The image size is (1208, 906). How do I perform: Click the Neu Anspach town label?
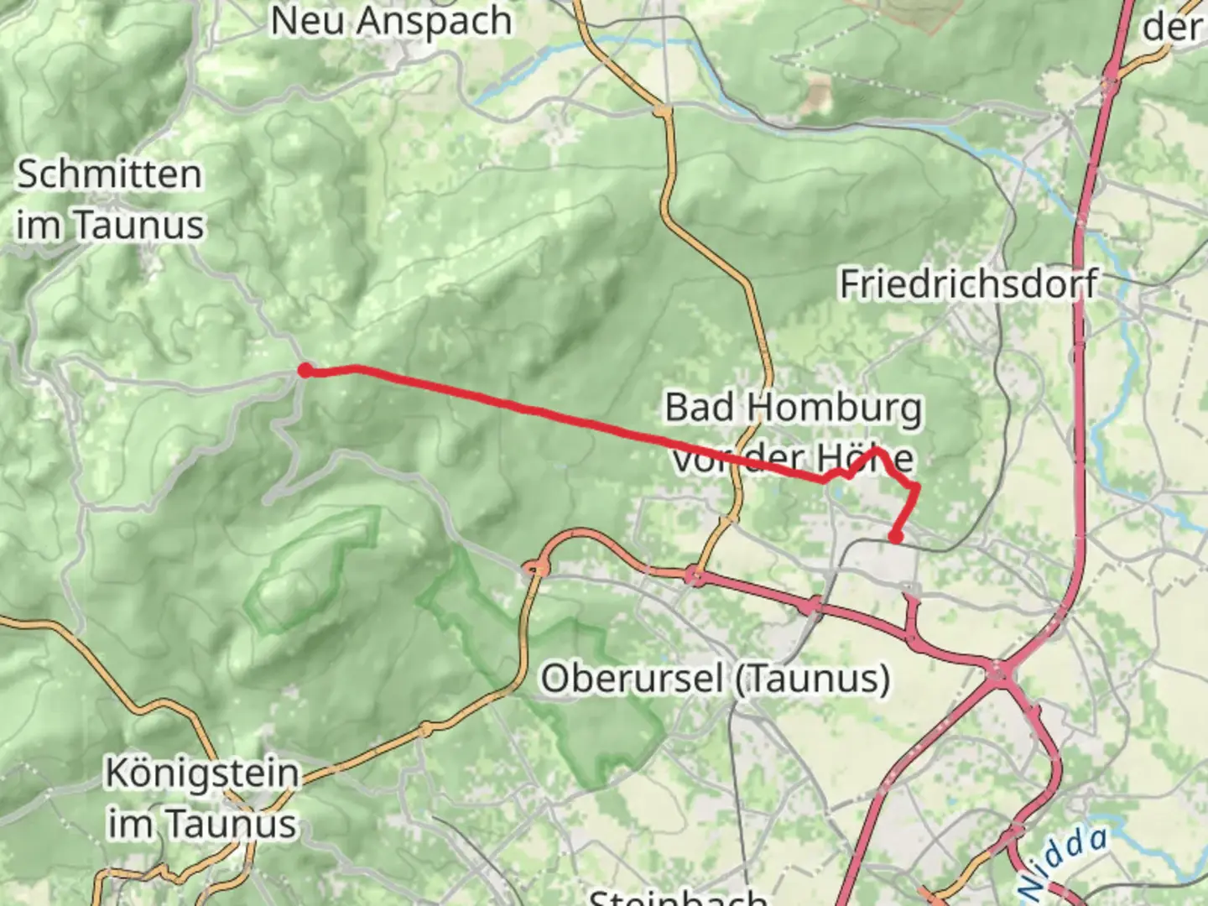click(391, 20)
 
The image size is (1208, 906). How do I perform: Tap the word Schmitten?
click(110, 174)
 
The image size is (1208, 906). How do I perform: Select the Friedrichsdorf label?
click(969, 284)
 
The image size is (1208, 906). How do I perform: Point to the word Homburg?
click(834, 408)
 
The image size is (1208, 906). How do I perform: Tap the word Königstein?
click(201, 773)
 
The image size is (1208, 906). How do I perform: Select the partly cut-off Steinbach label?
click(678, 896)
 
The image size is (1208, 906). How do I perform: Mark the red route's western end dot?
click(306, 370)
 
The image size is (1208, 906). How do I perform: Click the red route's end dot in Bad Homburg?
click(896, 538)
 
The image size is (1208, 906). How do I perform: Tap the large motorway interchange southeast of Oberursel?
click(1001, 671)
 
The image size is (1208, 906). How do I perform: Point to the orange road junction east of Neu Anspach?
click(663, 109)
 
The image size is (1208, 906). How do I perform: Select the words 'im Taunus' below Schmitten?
click(110, 226)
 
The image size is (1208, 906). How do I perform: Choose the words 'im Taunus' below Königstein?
click(201, 824)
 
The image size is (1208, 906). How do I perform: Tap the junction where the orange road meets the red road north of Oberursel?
click(695, 575)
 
